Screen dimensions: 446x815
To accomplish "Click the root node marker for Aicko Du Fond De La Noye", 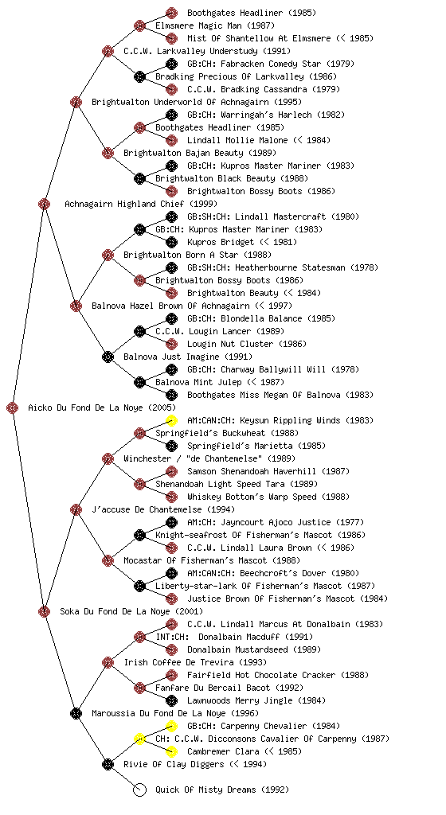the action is click(x=13, y=408).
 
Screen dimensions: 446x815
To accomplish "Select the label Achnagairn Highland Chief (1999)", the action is click(x=141, y=204).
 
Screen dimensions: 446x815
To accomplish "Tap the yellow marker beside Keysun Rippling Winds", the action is click(x=171, y=420).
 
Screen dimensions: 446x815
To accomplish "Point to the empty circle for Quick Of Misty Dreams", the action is click(x=139, y=790).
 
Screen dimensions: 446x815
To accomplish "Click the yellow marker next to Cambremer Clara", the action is click(x=171, y=751).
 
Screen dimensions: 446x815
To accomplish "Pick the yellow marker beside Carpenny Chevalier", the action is click(x=171, y=726).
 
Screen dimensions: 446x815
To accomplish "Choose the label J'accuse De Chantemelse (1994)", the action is click(x=163, y=509).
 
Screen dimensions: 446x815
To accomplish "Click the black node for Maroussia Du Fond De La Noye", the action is click(x=76, y=713).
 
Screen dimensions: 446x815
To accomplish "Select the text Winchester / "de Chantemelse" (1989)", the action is click(x=209, y=458).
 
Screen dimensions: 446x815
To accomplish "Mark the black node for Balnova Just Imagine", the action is click(x=108, y=357).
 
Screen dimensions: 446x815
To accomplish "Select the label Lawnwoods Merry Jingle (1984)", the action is click(x=256, y=700).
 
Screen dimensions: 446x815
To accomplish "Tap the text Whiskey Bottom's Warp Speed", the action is click(x=252, y=497).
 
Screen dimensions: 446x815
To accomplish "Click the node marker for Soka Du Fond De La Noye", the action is click(x=44, y=611).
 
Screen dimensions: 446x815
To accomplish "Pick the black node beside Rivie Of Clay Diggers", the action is click(x=108, y=764).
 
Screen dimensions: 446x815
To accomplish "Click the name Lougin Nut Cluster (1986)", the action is click(x=247, y=344).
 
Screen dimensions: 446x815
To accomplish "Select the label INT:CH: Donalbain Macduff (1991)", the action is click(x=234, y=637).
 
